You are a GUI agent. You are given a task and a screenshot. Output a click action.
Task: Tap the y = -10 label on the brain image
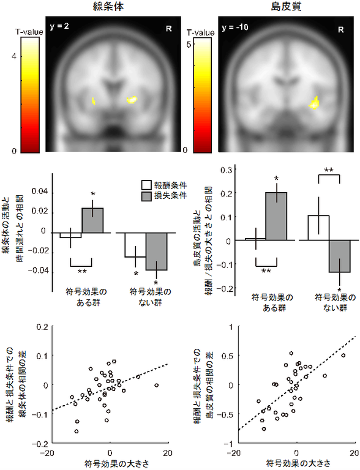coord(236,28)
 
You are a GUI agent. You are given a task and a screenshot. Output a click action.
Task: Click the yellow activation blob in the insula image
coord(315,103)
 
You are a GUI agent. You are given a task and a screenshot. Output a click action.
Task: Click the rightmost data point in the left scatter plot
coord(157,385)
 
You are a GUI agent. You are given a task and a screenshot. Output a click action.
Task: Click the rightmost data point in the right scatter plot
coord(343,355)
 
